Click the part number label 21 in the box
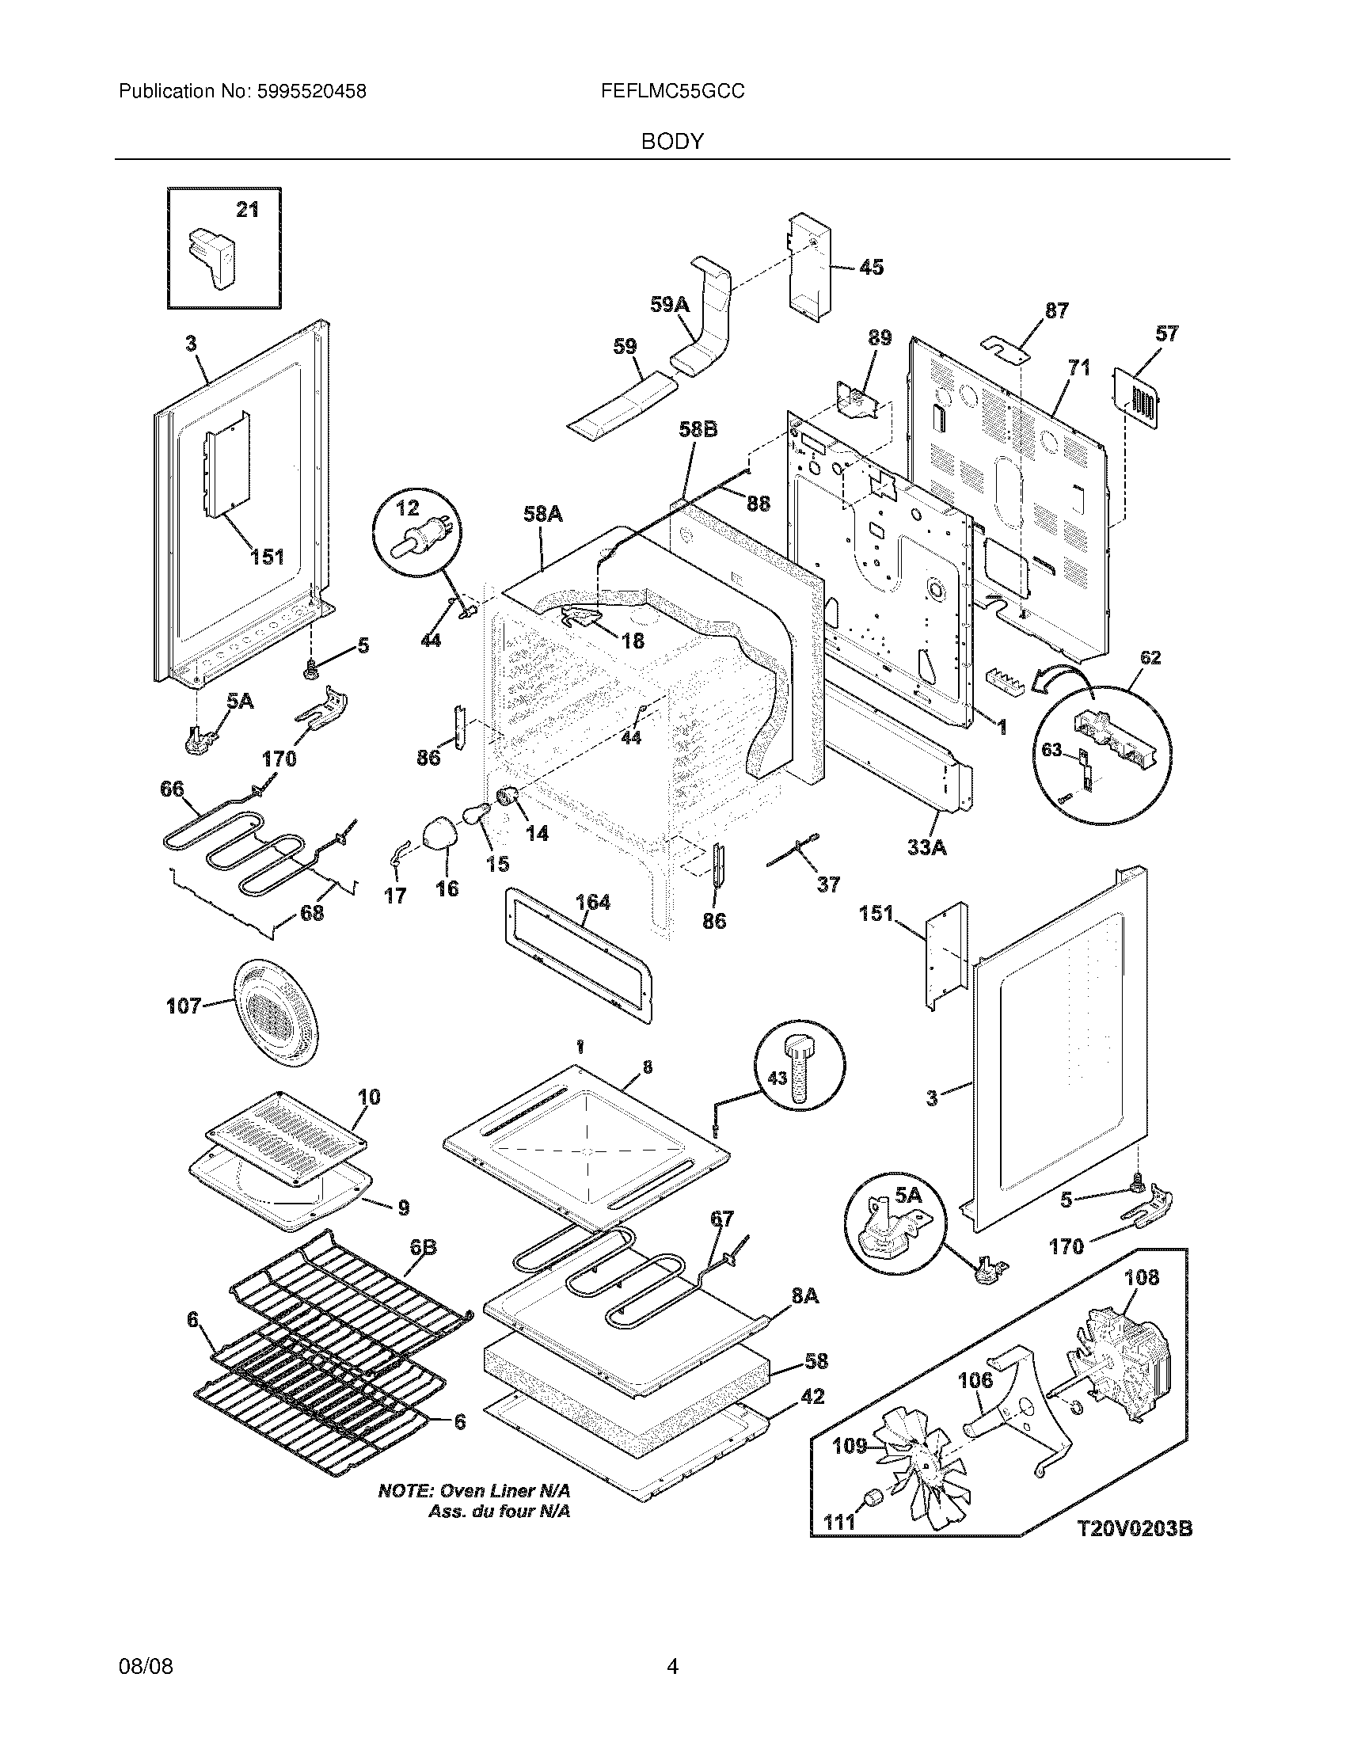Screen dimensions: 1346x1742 coord(247,210)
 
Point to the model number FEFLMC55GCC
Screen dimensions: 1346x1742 coord(673,92)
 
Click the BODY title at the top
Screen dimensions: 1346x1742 coord(672,142)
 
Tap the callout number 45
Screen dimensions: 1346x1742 coord(872,267)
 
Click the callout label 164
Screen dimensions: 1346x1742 coord(592,902)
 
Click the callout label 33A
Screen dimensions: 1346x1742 coord(927,847)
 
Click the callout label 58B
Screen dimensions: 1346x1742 coord(698,430)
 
